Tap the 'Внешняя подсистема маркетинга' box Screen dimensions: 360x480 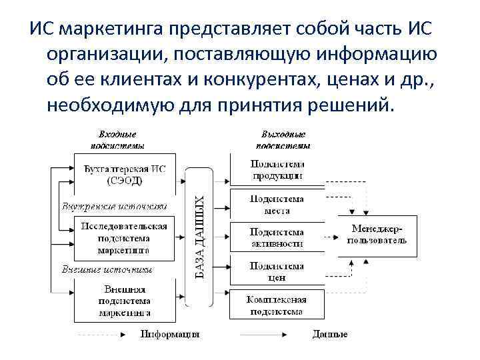pos(124,300)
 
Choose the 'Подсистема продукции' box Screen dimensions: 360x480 pos(277,170)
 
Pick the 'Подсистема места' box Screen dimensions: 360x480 pos(277,204)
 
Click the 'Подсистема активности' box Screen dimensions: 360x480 pos(277,237)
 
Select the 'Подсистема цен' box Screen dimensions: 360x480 pos(277,271)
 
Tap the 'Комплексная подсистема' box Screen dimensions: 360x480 pos(277,305)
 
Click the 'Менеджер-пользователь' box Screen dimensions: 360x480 pos(377,235)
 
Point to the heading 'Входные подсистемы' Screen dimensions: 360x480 pos(117,139)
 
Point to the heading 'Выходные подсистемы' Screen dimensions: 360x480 pos(283,139)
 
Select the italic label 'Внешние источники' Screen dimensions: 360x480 pos(107,269)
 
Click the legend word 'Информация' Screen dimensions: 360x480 pos(170,333)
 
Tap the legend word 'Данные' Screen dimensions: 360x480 pos(330,333)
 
